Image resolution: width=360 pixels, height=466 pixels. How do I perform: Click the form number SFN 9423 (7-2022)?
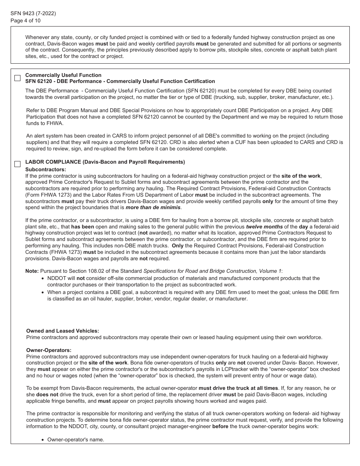coord(33,13)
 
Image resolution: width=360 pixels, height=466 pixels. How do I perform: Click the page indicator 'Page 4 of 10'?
coord(25,20)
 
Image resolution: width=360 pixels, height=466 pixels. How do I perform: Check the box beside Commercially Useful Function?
coord(17,78)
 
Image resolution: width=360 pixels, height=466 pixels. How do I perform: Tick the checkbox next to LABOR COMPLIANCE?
coord(17,164)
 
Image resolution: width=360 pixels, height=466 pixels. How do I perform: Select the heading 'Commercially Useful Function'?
coord(63,75)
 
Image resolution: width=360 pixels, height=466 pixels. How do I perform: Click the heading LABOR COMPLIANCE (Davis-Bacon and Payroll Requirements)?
coord(105,162)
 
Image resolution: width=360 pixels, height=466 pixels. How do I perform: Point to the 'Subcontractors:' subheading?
coord(45,169)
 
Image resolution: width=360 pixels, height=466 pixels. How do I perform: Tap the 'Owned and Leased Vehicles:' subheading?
coord(63,331)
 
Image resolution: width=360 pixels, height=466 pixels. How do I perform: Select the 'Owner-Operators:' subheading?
coord(49,350)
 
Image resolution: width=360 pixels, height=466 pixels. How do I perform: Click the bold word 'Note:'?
coord(32,271)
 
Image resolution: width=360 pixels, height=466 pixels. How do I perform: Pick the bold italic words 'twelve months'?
coord(264,227)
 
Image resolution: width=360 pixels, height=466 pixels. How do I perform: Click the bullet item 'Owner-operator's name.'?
coord(75,439)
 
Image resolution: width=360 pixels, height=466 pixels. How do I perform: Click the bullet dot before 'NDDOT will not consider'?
coord(43,278)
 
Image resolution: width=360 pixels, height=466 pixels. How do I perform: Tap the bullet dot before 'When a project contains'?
coord(43,292)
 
